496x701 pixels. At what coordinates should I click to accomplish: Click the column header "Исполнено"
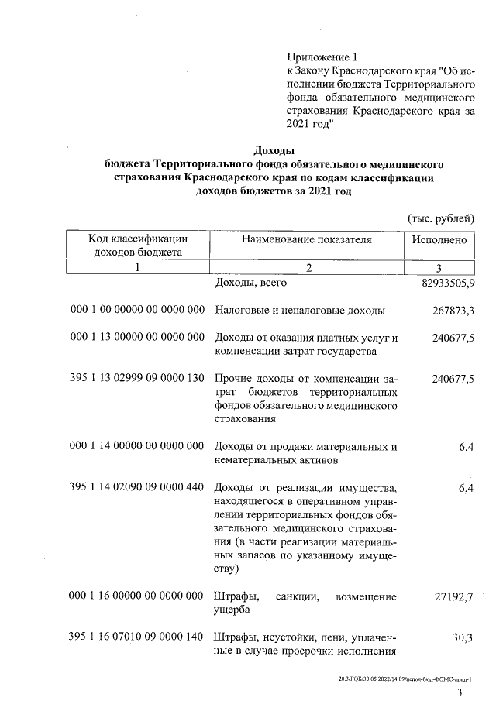pyautogui.click(x=439, y=240)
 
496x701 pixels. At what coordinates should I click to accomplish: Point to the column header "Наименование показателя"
pyautogui.click(x=307, y=240)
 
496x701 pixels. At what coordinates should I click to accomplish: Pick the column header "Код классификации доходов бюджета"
pyautogui.click(x=137, y=246)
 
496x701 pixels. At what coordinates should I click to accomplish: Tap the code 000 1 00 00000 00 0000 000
pyautogui.click(x=137, y=311)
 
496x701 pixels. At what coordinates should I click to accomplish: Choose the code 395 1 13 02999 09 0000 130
pyautogui.click(x=137, y=379)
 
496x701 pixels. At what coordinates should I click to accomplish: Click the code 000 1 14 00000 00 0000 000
pyautogui.click(x=137, y=447)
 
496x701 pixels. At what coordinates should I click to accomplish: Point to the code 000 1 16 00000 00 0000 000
pyautogui.click(x=137, y=597)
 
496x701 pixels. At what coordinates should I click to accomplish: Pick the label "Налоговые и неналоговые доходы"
pyautogui.click(x=298, y=311)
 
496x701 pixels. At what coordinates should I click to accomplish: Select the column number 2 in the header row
pyautogui.click(x=308, y=268)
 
